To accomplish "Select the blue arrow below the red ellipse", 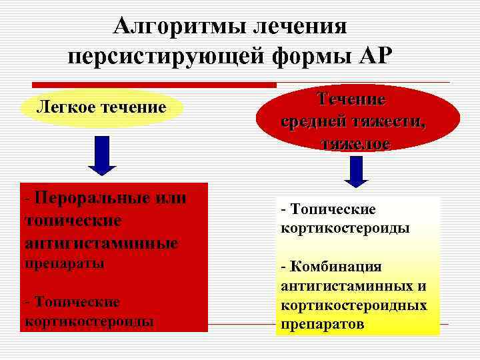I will click(357, 171).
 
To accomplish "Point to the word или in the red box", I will click(169, 198).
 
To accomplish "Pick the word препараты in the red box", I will click(64, 263).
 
